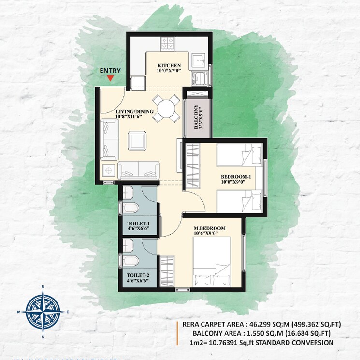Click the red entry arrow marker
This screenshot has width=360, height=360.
(x=110, y=78)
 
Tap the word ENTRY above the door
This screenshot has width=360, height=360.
(x=110, y=70)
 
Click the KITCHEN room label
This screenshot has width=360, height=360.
(x=169, y=65)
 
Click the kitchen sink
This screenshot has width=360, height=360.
(x=199, y=60)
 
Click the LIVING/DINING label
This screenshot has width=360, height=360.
(x=134, y=112)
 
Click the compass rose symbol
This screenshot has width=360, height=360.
(x=43, y=312)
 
